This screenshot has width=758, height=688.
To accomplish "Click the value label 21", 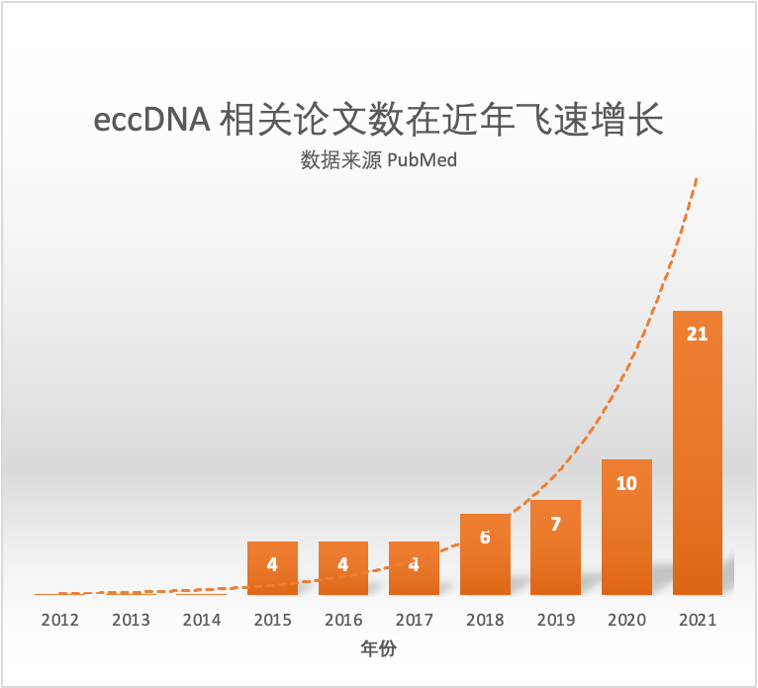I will coord(697,334).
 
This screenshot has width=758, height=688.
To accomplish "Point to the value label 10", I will coord(626,483).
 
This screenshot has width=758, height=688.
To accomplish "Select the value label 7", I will coord(555,524).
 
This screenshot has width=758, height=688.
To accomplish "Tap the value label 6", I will coord(485,538).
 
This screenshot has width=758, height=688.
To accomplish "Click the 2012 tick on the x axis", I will coord(59,621).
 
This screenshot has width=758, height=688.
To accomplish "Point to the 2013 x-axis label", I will coord(131,621).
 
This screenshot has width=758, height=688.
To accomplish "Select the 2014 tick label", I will coord(202,621).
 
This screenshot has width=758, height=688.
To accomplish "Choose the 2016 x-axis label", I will coord(343,621).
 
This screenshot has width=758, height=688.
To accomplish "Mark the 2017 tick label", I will coord(414,621).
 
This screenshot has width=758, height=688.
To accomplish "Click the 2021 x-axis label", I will coord(697,621).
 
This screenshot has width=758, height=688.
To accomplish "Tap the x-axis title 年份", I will coord(379,650).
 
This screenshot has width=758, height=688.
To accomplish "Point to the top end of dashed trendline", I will coord(698,178).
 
